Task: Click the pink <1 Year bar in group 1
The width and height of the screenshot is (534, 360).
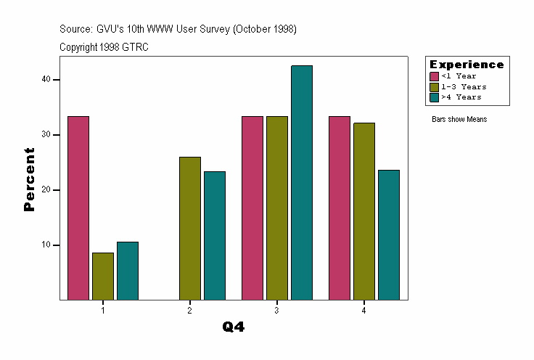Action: point(78,208)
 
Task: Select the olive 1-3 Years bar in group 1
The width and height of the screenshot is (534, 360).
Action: point(103,276)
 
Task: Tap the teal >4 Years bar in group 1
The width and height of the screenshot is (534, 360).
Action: point(128,271)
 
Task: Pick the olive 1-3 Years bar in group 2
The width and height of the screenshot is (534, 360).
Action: point(190,228)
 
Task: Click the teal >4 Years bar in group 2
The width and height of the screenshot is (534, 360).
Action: point(215,235)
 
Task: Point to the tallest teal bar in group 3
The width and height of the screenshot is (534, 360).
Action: point(302,182)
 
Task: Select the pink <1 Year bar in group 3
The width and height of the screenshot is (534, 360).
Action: point(252,208)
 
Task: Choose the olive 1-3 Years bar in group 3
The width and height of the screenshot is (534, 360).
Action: point(277,208)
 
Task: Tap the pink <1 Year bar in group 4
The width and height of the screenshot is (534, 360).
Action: point(340,208)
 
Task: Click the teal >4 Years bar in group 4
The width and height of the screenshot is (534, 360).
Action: point(389,234)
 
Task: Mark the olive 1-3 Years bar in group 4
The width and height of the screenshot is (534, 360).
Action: point(364,211)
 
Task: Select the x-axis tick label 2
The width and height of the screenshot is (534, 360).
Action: point(189,310)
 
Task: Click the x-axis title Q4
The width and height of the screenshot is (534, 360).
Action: point(234,327)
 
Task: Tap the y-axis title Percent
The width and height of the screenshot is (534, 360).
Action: point(29,179)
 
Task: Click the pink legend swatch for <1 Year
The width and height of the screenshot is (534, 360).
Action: point(435,76)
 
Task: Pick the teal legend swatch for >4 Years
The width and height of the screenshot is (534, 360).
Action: point(435,97)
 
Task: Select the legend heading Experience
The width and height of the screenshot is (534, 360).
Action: point(467,65)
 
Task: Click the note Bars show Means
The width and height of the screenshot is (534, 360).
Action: point(459,119)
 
